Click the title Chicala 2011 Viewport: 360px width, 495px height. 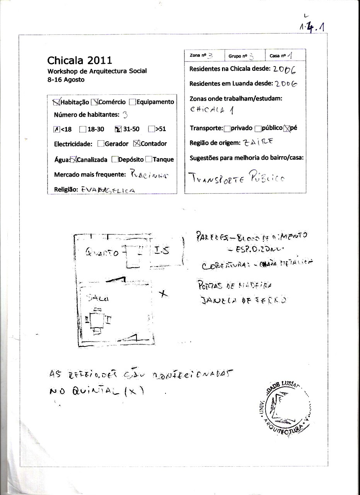(80, 60)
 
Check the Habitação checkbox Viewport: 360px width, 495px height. (56, 102)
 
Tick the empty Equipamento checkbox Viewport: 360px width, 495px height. (132, 102)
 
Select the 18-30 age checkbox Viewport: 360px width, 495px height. (82, 129)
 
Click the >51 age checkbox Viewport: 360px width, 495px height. (151, 129)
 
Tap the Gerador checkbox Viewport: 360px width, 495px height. (101, 143)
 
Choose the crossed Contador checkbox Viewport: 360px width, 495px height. (136, 143)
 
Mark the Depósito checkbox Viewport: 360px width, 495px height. (114, 159)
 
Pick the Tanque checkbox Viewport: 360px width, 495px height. (148, 159)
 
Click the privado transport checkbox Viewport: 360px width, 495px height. (227, 128)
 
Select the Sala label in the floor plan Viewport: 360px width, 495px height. (98, 298)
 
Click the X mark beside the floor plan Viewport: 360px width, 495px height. (164, 294)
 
